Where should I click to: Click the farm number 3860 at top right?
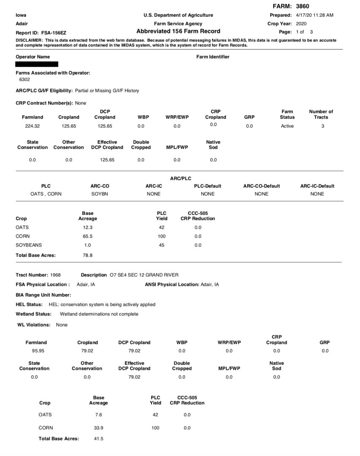click(x=303, y=6)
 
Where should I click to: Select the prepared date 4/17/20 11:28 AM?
click(x=314, y=15)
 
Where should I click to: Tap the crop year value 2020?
click(x=301, y=24)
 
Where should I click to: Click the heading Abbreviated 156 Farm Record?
click(x=178, y=31)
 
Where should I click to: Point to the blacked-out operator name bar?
click(x=37, y=64)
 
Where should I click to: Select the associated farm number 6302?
click(x=24, y=79)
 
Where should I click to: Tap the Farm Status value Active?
click(x=287, y=126)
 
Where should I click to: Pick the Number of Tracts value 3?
click(x=322, y=126)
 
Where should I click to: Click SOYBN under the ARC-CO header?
click(x=100, y=194)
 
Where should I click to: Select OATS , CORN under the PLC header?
click(x=46, y=194)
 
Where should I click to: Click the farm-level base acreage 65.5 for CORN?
click(x=87, y=236)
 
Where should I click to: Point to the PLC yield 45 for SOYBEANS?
click(x=161, y=245)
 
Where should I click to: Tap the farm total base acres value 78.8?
click(x=87, y=255)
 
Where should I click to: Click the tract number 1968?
click(x=55, y=275)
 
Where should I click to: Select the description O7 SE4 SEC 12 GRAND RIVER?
click(x=143, y=275)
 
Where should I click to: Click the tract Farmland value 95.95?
click(x=36, y=351)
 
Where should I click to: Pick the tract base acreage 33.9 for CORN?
click(x=98, y=428)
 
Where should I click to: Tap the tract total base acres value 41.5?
click(x=98, y=439)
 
